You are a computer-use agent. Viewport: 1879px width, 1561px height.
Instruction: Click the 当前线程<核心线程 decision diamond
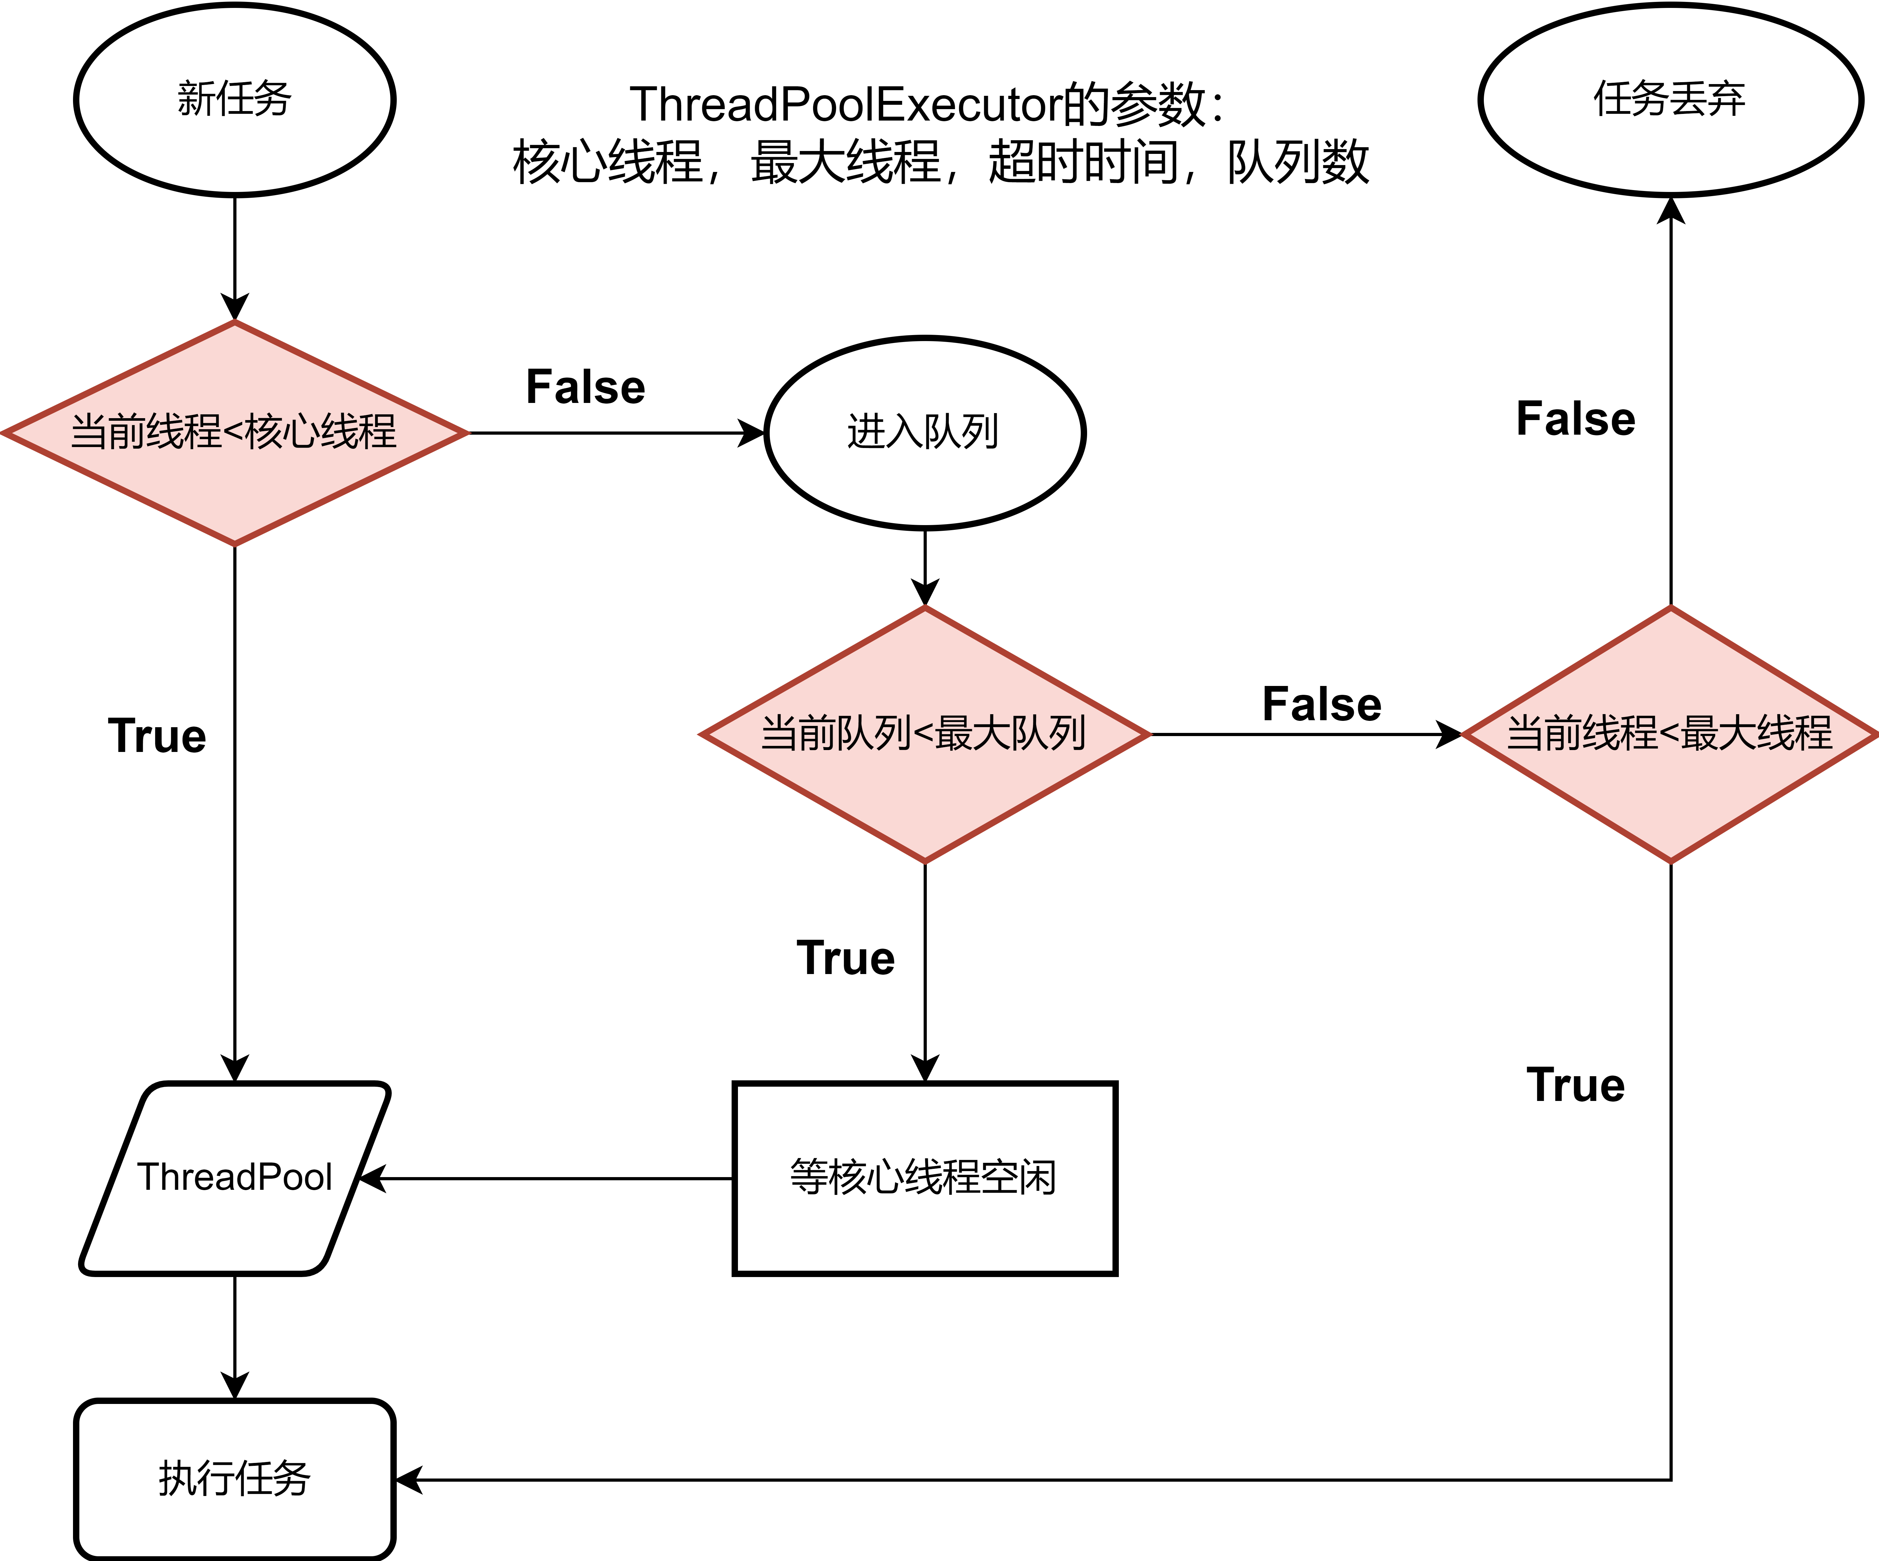[235, 433]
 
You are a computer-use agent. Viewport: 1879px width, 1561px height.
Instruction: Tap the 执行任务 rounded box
[235, 1479]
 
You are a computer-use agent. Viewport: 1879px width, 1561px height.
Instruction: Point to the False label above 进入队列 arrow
[585, 387]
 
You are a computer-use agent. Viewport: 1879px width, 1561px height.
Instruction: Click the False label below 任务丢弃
[1576, 419]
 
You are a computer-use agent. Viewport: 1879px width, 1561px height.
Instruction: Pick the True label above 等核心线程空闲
[846, 958]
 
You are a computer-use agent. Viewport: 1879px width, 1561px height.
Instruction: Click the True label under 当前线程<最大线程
[1576, 1085]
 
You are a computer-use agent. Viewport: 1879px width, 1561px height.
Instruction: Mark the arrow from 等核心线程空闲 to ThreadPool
[546, 1179]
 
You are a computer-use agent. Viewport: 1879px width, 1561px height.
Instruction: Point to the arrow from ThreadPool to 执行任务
[235, 1337]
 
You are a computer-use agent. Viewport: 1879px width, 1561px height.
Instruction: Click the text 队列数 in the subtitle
[1298, 163]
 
